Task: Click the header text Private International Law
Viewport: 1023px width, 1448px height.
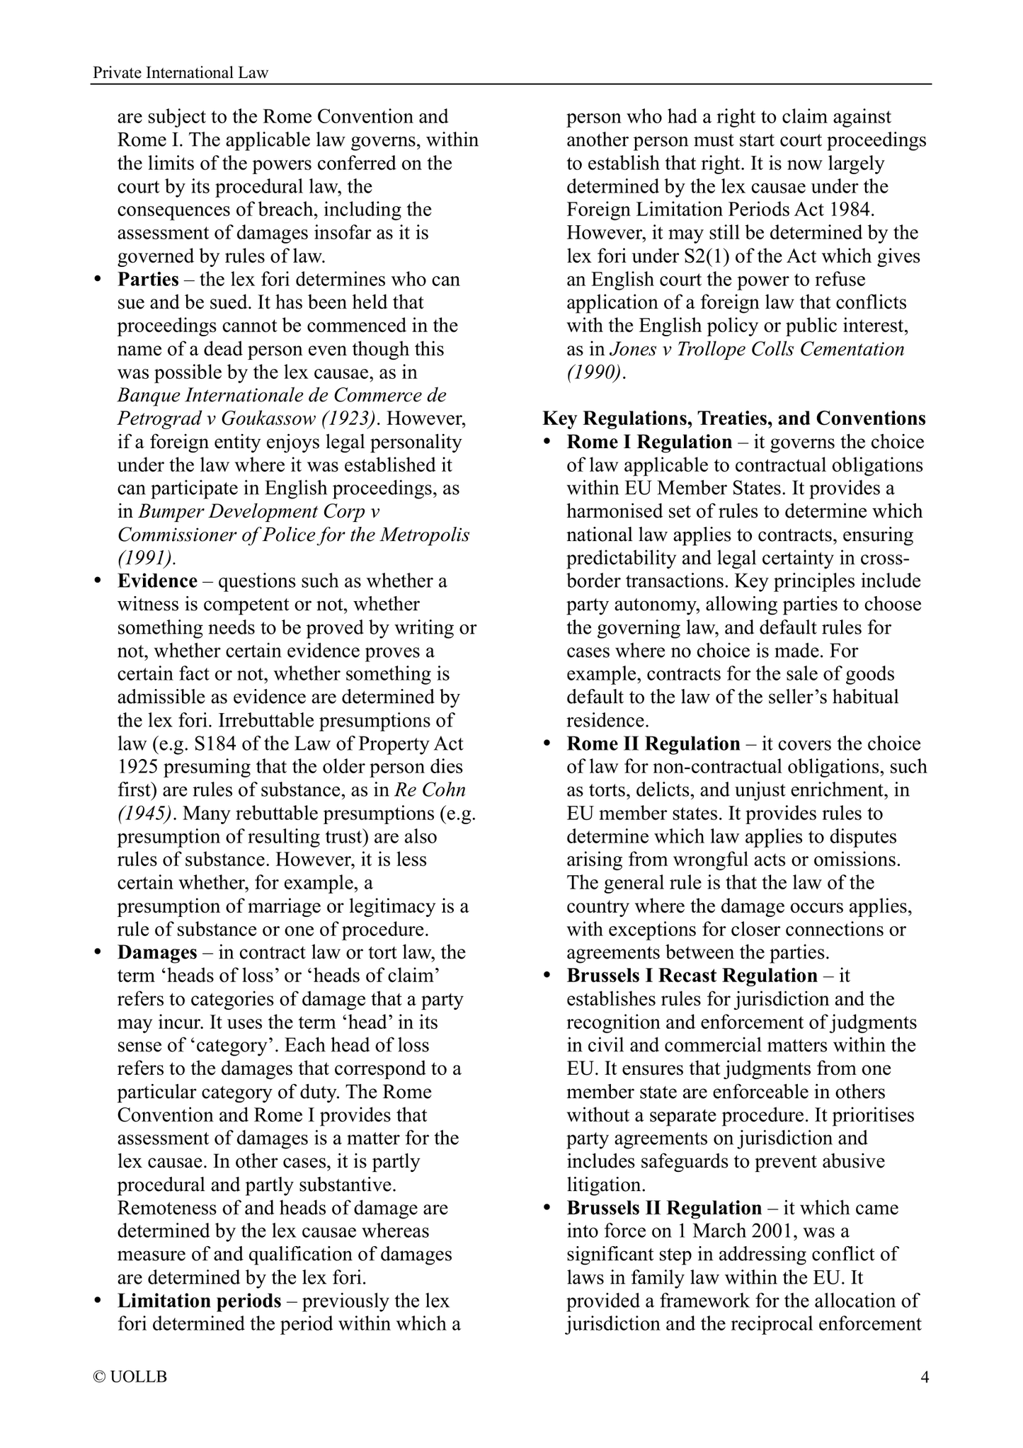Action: pos(181,72)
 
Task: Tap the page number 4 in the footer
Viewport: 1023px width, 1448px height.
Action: pos(924,1376)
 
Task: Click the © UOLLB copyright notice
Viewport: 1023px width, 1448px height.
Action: pos(130,1376)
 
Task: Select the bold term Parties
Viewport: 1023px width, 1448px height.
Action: pos(148,279)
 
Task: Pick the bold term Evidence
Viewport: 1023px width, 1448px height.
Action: pos(157,581)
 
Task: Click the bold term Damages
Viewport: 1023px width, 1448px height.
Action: pos(157,952)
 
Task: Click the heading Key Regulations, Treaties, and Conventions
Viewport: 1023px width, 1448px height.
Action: pos(733,418)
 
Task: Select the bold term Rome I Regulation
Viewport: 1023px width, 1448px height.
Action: pos(649,442)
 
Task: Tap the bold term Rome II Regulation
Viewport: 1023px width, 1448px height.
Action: pos(653,743)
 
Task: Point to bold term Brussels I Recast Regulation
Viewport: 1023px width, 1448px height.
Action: pos(692,975)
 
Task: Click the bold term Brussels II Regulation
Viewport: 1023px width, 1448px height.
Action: pos(664,1207)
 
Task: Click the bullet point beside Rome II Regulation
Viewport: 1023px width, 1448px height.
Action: pos(547,744)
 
